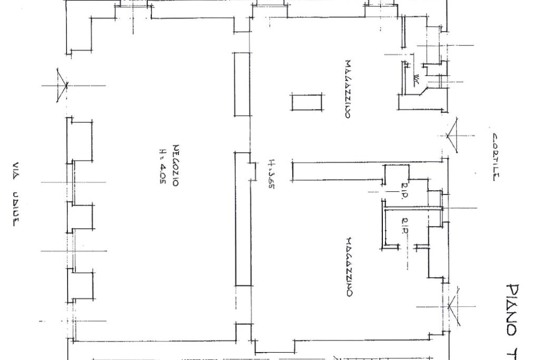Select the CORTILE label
(494, 157)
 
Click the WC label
(416, 79)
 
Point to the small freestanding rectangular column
(307, 103)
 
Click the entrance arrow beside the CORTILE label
(449, 136)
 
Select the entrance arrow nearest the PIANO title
(451, 305)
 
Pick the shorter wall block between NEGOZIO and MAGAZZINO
(242, 84)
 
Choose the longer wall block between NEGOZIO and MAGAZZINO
(243, 219)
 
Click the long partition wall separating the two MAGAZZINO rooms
(337, 173)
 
